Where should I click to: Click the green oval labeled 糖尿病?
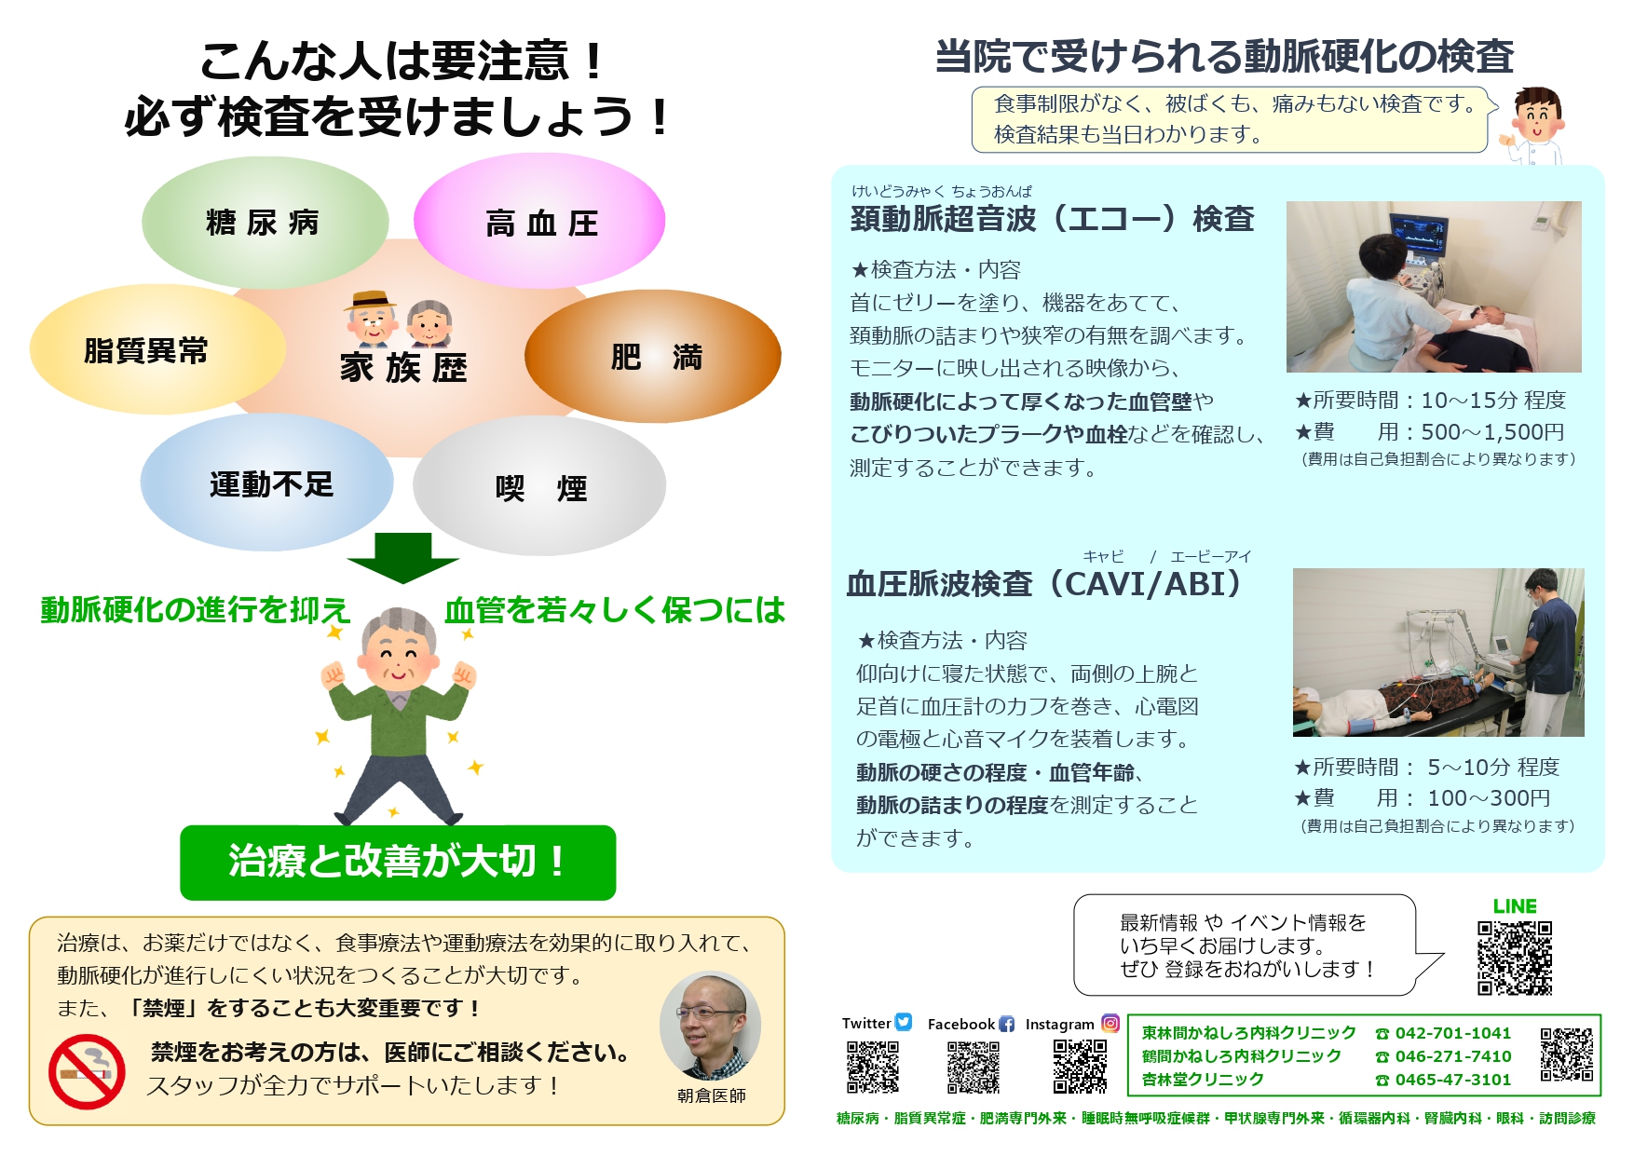tap(265, 222)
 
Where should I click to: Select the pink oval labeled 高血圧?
tap(539, 221)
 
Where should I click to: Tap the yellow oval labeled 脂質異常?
tap(157, 349)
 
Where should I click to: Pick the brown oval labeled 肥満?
tap(653, 356)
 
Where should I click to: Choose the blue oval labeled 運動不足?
tap(267, 483)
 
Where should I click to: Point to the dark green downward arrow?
tap(402, 558)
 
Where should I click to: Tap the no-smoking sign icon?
tap(87, 1071)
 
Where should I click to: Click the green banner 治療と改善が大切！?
tap(398, 863)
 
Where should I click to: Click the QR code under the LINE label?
tap(1515, 959)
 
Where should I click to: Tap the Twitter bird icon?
tap(904, 1022)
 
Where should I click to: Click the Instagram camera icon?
tap(1110, 1023)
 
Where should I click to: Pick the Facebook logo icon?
tap(1006, 1024)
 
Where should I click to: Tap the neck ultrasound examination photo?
tap(1434, 287)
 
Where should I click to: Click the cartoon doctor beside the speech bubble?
tap(1533, 127)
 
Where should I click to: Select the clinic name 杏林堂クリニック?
tap(1203, 1080)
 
